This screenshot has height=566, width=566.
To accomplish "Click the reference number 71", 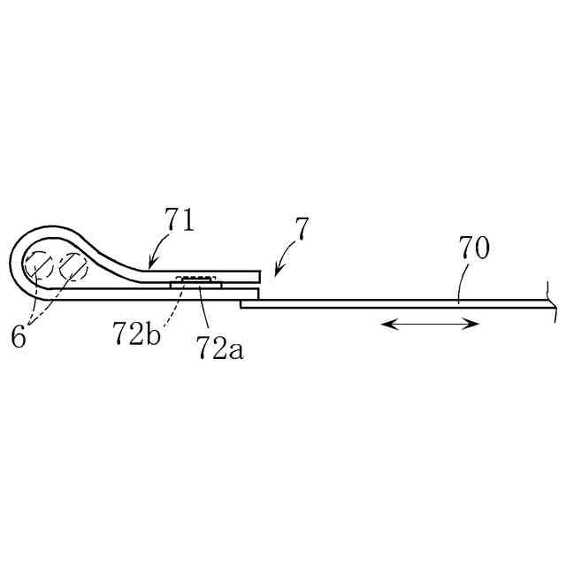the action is pos(181,219).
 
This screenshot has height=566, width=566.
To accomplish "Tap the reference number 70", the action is pos(473,249).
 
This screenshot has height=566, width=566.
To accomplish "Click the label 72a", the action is pos(220,348).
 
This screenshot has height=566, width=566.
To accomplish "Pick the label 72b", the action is pos(136,333).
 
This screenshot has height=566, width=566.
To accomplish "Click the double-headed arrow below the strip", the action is pos(430,325).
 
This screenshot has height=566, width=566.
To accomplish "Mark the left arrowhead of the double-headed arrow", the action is pos(386,325).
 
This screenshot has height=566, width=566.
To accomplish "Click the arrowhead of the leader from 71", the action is pos(150,266).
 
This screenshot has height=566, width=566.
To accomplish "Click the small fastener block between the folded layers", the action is pos(195,281).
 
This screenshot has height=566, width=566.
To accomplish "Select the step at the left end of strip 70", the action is pos(241,303).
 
